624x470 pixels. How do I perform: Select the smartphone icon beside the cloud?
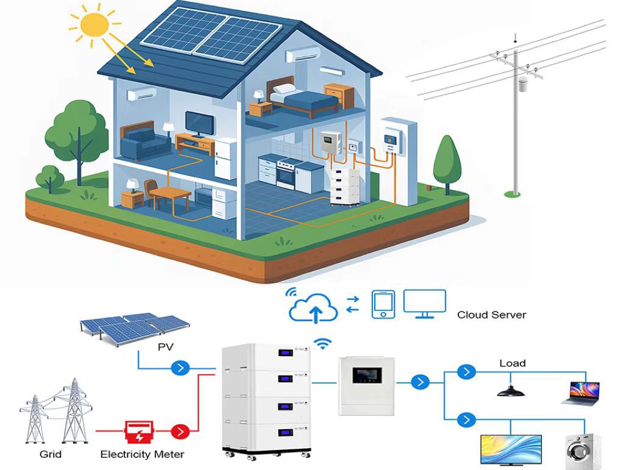coord(383,304)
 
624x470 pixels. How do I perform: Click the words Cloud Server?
coord(491,315)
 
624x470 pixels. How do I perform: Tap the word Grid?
coord(50,454)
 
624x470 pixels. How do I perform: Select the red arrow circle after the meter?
coord(180,432)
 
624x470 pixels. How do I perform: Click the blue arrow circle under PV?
coord(180,368)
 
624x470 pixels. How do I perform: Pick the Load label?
coord(512,363)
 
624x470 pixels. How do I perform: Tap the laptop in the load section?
coord(580,393)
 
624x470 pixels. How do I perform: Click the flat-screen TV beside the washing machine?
coord(511,449)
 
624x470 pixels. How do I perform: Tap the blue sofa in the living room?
coord(145,143)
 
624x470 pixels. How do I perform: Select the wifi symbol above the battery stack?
coord(323,344)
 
